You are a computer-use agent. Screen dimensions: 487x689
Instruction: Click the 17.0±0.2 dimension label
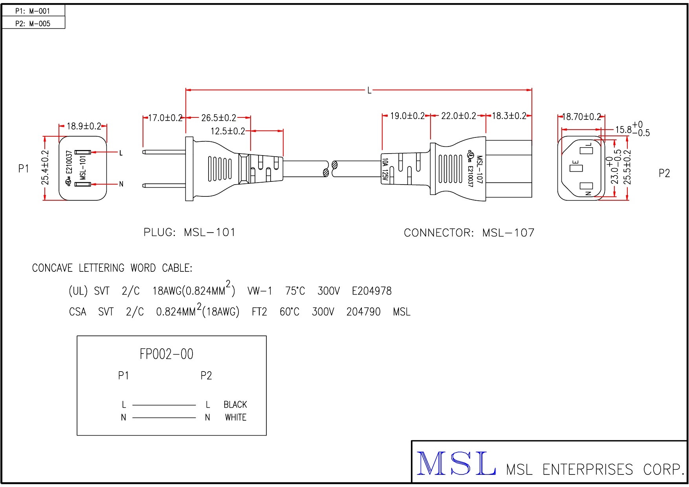pos(165,118)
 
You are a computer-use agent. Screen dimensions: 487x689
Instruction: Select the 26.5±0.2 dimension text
pos(219,118)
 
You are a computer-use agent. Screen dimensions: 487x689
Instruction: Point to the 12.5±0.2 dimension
pos(228,131)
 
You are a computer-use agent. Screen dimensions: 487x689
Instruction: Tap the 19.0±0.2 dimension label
pos(407,116)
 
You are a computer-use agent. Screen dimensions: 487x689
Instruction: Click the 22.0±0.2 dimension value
pos(458,116)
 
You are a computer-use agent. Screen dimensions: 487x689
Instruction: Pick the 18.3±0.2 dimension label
pos(509,116)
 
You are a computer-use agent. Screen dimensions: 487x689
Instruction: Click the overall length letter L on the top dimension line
pos(369,91)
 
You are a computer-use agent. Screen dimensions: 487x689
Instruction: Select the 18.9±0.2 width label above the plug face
pos(84,126)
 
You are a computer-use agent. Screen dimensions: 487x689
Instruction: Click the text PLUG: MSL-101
pos(189,232)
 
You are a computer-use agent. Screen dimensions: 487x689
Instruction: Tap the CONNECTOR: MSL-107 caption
pos(469,233)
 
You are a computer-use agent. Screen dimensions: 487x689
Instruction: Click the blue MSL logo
pos(456,464)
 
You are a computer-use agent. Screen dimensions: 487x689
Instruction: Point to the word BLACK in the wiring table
pos(235,405)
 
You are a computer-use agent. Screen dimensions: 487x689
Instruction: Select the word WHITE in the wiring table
pos(236,417)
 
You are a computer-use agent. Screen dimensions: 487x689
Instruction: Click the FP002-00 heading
pos(167,354)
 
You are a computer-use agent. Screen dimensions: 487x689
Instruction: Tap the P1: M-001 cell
pos(33,11)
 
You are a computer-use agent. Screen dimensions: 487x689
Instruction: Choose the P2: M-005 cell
pos(33,24)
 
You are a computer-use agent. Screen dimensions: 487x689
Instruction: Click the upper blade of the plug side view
pos(164,152)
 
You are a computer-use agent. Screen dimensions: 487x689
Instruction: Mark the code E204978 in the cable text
pos(372,291)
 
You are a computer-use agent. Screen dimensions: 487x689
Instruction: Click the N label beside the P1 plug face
pos(121,184)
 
